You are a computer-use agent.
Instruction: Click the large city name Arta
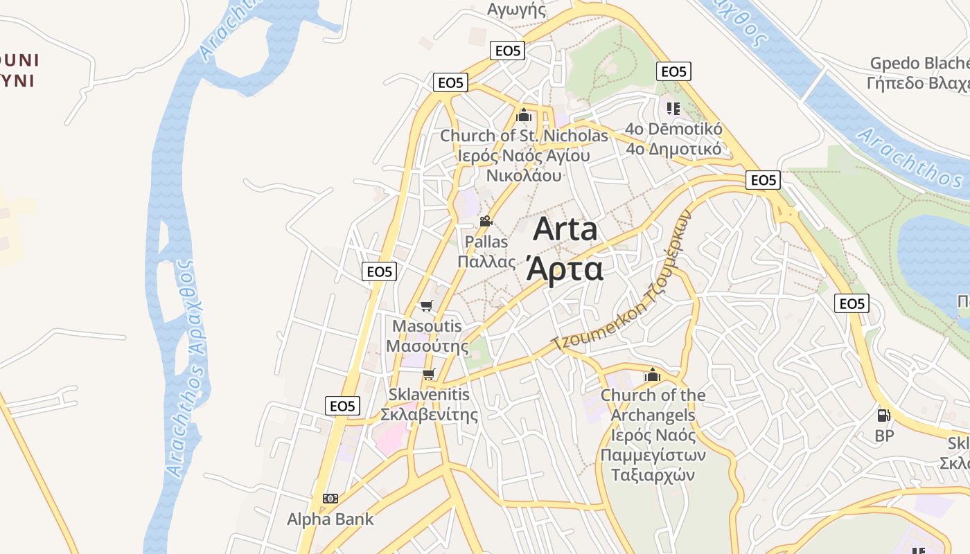click(x=565, y=229)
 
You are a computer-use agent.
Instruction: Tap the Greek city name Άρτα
click(x=565, y=269)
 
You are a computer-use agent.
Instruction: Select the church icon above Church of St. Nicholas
click(x=524, y=115)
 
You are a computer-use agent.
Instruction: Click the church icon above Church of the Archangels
click(x=652, y=375)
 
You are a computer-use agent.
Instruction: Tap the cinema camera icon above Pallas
click(x=486, y=222)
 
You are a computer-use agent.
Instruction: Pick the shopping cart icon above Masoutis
click(x=427, y=305)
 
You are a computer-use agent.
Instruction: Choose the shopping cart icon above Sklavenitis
click(x=429, y=375)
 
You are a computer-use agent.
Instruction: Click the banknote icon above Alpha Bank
click(x=330, y=499)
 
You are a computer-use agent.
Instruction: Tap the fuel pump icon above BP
click(x=884, y=415)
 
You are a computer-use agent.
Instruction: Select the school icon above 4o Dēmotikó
click(x=673, y=109)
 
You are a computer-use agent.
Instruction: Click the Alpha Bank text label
click(x=330, y=519)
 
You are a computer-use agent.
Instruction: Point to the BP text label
click(x=884, y=436)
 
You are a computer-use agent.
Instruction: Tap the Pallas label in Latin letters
click(x=486, y=242)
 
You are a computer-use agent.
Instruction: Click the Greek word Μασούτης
click(x=427, y=346)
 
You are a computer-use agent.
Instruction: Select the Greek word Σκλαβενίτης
click(x=430, y=415)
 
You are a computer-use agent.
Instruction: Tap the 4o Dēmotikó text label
click(x=673, y=129)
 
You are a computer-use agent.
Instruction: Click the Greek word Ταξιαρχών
click(x=652, y=475)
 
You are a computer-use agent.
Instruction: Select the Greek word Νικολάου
click(x=524, y=175)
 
